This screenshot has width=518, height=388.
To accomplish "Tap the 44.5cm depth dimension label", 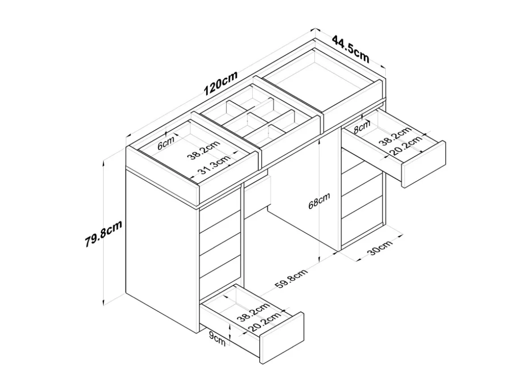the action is click(351, 49).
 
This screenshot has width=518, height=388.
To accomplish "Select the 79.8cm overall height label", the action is click(103, 233).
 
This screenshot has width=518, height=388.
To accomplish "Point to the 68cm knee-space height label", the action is click(319, 201).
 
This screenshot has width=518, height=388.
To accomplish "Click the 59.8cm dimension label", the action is click(291, 279).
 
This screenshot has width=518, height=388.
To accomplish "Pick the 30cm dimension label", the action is click(380, 248).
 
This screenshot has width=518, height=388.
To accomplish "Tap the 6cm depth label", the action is click(166, 144).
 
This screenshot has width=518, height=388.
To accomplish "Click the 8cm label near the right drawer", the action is click(362, 127).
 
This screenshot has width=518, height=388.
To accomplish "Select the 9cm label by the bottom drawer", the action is click(217, 339).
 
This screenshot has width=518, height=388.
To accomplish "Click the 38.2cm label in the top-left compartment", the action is click(204, 150).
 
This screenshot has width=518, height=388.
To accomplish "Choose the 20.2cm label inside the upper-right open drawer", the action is click(406, 145).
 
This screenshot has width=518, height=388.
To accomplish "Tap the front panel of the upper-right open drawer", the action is click(423, 164).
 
